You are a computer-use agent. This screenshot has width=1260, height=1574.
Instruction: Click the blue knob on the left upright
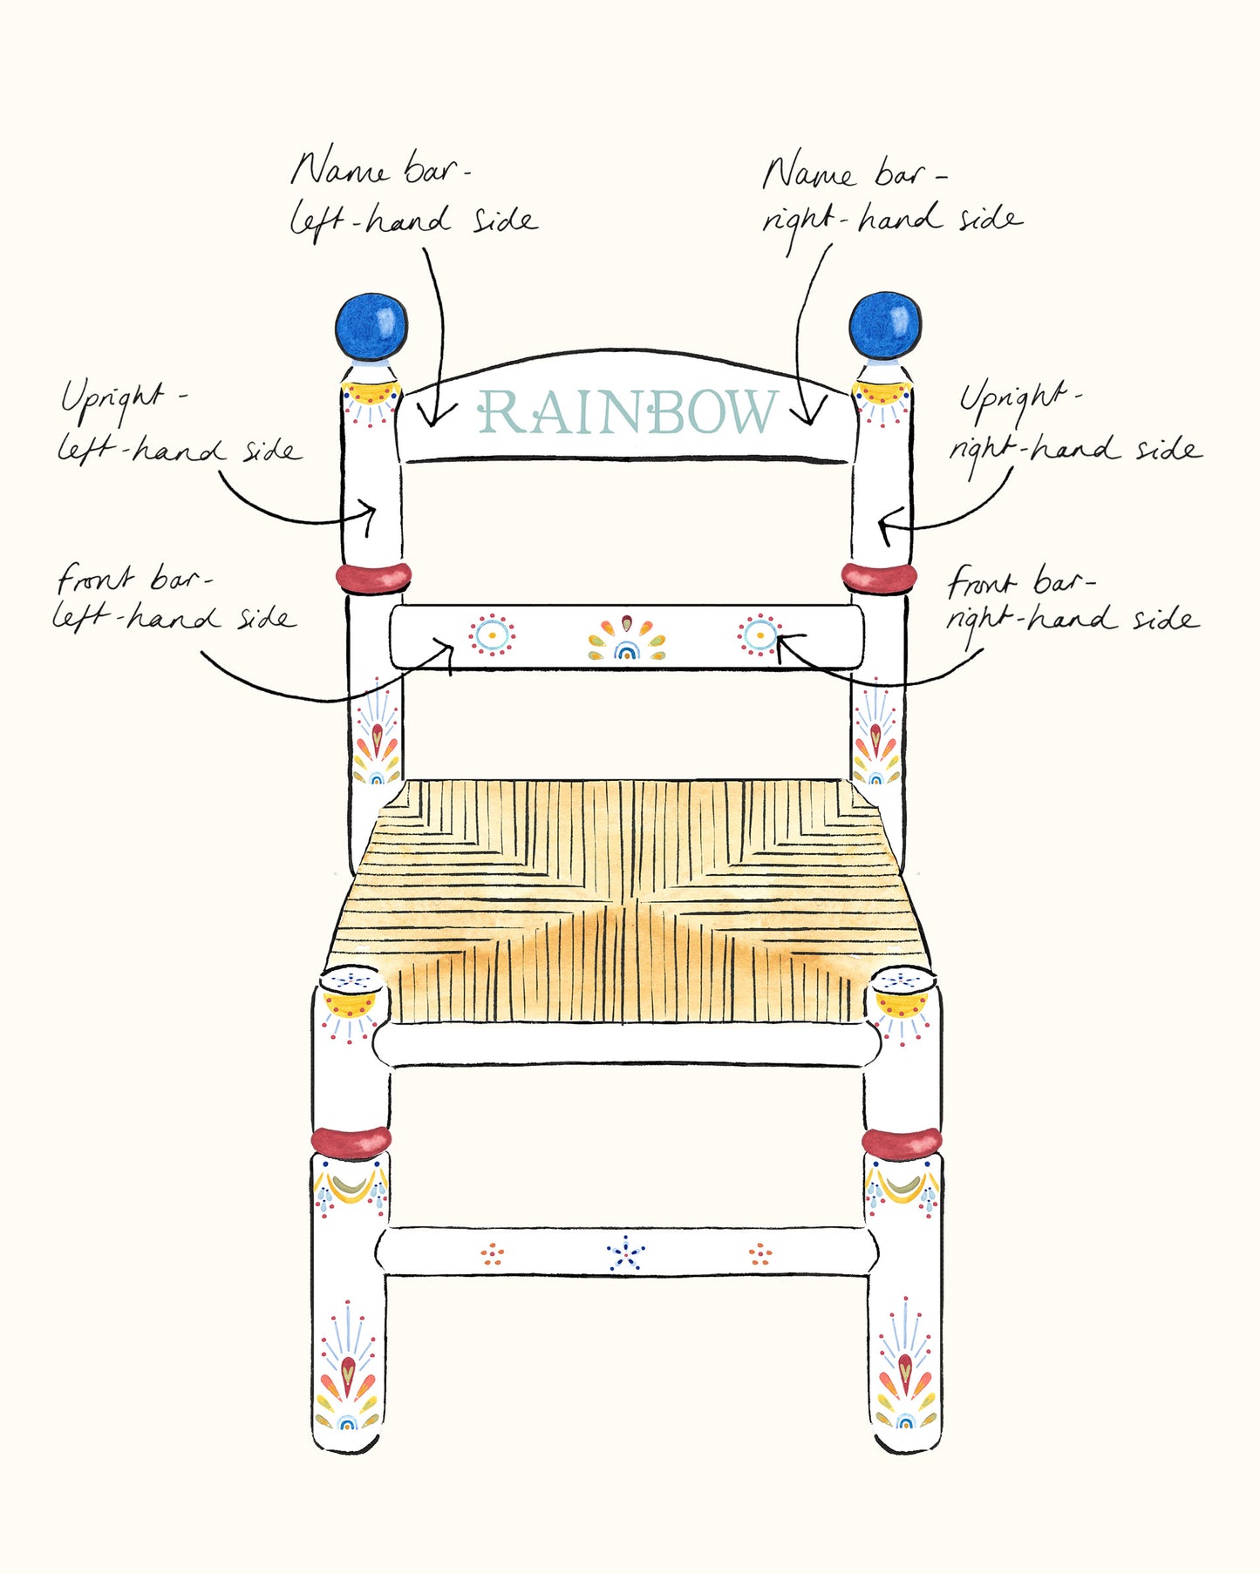[x=371, y=327]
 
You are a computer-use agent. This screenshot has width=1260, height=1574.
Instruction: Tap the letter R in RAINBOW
[x=500, y=412]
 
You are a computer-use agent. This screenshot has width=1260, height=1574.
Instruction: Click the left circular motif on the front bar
[x=492, y=635]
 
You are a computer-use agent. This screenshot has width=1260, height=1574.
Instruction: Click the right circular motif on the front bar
[x=759, y=635]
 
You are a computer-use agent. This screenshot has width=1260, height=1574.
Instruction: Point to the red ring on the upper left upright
[x=373, y=576]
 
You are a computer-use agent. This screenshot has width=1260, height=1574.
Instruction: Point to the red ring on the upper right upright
[x=879, y=576]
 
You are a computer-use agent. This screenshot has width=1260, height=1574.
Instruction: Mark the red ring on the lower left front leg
[x=351, y=1141]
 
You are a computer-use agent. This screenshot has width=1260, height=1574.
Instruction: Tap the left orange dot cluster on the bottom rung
[x=493, y=1255]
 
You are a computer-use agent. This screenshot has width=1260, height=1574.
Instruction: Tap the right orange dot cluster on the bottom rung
[x=760, y=1255]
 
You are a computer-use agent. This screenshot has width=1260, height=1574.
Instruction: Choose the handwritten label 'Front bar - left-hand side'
[x=174, y=598]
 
